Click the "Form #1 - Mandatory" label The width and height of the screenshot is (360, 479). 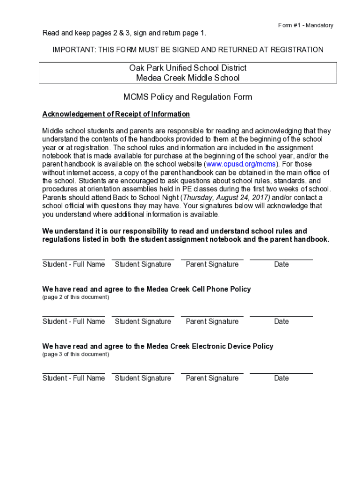coord(305,25)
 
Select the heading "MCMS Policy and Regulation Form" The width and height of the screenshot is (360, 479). coord(187,97)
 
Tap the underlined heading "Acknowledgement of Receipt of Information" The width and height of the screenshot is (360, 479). coord(116,114)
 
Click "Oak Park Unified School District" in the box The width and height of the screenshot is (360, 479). coord(187,68)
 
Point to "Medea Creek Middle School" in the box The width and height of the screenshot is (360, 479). coord(187,78)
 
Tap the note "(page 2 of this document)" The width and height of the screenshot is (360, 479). coord(76,297)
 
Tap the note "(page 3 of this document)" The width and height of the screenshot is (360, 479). coord(76,354)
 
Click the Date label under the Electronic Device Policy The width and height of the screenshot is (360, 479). coord(281,378)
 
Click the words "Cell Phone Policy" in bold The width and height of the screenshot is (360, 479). coord(221,289)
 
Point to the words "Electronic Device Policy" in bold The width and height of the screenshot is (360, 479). coord(232,346)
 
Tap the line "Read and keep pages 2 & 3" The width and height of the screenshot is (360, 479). coord(85,33)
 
